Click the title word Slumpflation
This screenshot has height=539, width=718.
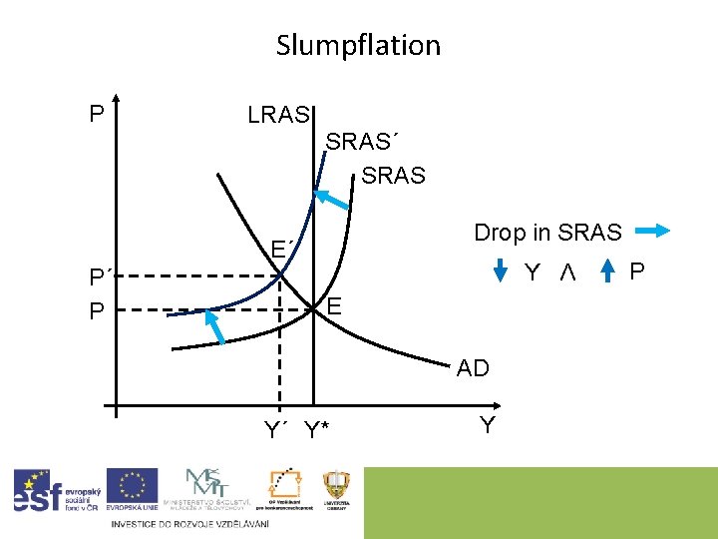pyautogui.click(x=358, y=45)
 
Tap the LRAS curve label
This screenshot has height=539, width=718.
pyautogui.click(x=279, y=115)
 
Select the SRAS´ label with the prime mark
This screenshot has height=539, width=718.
pyautogui.click(x=367, y=142)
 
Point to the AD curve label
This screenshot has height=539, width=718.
pyautogui.click(x=473, y=368)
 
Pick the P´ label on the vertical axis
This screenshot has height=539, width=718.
pyautogui.click(x=99, y=278)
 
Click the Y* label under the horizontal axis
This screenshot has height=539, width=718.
pyautogui.click(x=318, y=431)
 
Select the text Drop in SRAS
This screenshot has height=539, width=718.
pyautogui.click(x=547, y=233)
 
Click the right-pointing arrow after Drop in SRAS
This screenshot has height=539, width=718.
pyautogui.click(x=652, y=233)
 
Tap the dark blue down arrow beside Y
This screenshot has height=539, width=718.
pyautogui.click(x=503, y=272)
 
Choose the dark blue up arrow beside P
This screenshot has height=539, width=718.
pyautogui.click(x=610, y=272)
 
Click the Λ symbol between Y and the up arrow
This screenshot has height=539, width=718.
pyautogui.click(x=567, y=272)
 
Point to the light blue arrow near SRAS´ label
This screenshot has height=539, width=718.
pyautogui.click(x=333, y=200)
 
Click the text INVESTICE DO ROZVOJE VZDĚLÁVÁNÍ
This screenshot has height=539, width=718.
pyautogui.click(x=189, y=524)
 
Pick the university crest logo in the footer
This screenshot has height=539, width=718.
pyautogui.click(x=336, y=490)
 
